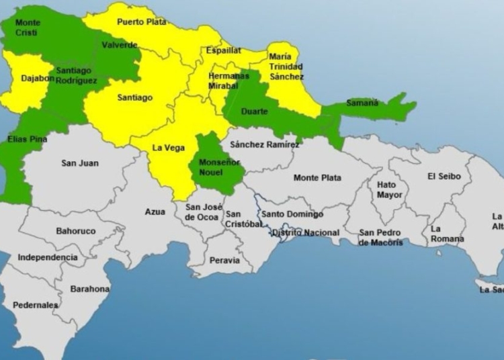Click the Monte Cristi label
point(28,28)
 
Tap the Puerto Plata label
point(141,21)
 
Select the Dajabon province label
point(35,78)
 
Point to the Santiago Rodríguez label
point(77,75)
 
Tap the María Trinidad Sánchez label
point(286,66)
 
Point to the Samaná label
point(362,103)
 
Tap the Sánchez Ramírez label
point(264,144)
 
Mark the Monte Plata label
point(317,177)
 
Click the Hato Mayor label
point(390,189)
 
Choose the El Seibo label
point(444,177)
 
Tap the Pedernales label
point(35,305)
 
